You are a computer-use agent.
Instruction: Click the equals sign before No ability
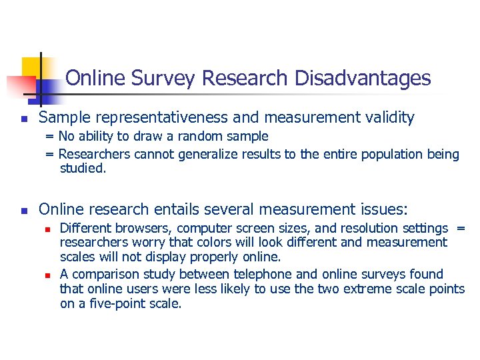tap(49, 137)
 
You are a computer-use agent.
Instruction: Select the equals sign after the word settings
tap(461, 229)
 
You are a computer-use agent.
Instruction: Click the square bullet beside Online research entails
tap(24, 211)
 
